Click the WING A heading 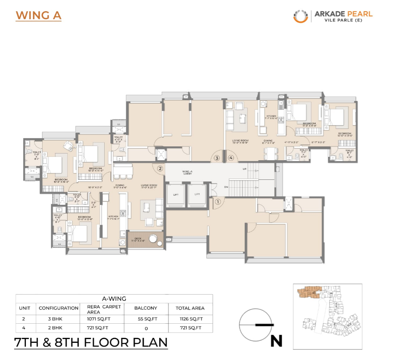pos(38,15)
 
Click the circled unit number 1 pos(217,201)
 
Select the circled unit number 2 pos(160,168)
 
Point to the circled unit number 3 pos(217,158)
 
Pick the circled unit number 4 pos(231,158)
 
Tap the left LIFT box pos(176,195)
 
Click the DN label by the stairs pos(226,187)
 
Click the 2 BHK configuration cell pos(58,327)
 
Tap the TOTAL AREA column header pos(190,308)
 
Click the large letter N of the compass pos(276,341)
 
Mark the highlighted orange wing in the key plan pos(307,292)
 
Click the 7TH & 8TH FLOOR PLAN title pos(91,342)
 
